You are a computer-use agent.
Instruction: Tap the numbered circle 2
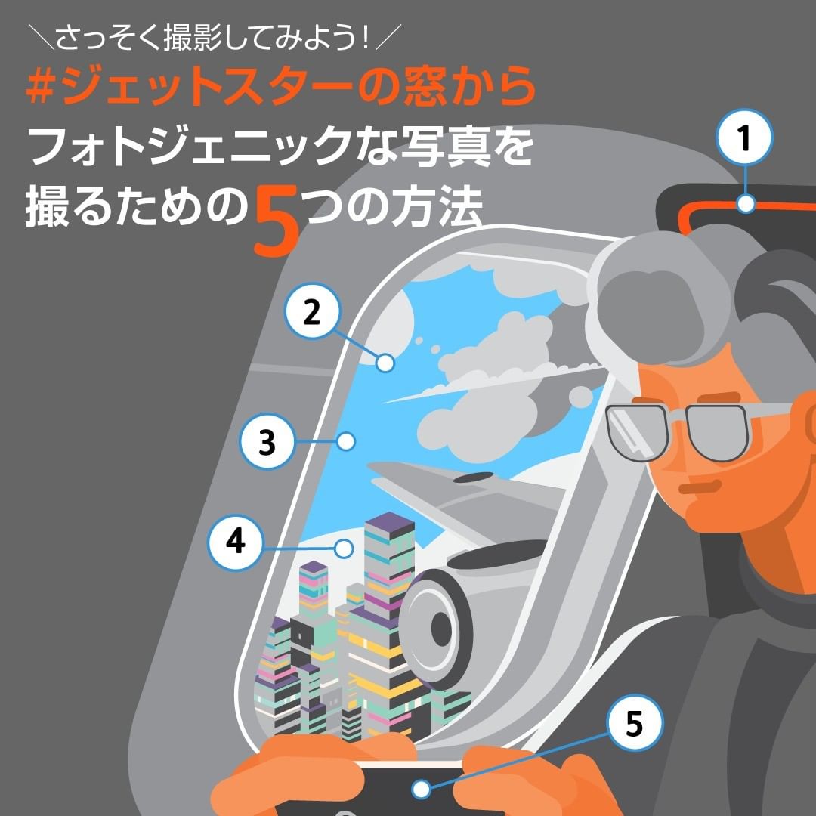(x=312, y=311)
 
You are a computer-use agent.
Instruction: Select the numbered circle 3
(x=267, y=441)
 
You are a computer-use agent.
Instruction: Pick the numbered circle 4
(x=236, y=541)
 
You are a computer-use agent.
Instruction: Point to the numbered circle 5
(x=635, y=723)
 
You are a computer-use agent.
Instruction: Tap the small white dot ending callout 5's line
(x=421, y=789)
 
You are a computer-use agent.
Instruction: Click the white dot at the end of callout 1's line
(x=746, y=203)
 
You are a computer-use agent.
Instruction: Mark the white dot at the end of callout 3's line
(x=346, y=441)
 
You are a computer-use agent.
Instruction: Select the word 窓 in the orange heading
(x=424, y=88)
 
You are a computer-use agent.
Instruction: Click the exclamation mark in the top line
(x=366, y=39)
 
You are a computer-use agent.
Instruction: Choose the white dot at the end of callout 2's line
(x=385, y=363)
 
